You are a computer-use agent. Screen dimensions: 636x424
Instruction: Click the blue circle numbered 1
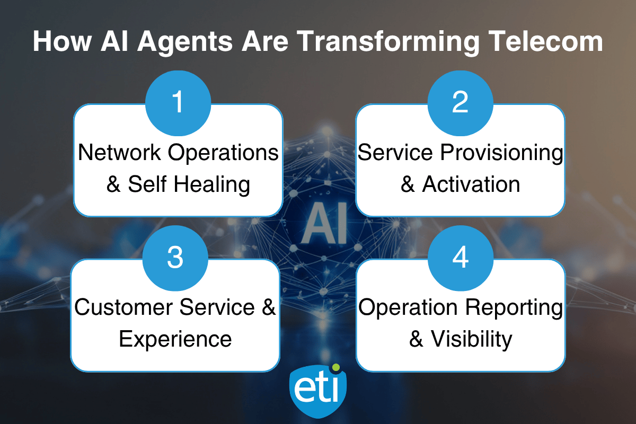point(178,103)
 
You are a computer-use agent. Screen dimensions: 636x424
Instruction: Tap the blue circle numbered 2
point(460,103)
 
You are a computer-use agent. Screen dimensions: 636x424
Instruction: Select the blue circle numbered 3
point(175,258)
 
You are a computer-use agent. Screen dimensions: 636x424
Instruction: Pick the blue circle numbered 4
point(461,258)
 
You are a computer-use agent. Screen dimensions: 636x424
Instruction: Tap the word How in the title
point(62,41)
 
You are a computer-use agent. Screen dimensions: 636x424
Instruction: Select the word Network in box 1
point(120,153)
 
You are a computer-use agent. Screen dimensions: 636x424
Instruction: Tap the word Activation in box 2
point(471,184)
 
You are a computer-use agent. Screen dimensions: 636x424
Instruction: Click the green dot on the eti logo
point(336,367)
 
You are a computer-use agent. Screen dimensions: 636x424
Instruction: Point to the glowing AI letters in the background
point(324,223)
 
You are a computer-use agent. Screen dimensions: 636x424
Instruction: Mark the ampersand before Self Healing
point(113,184)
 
